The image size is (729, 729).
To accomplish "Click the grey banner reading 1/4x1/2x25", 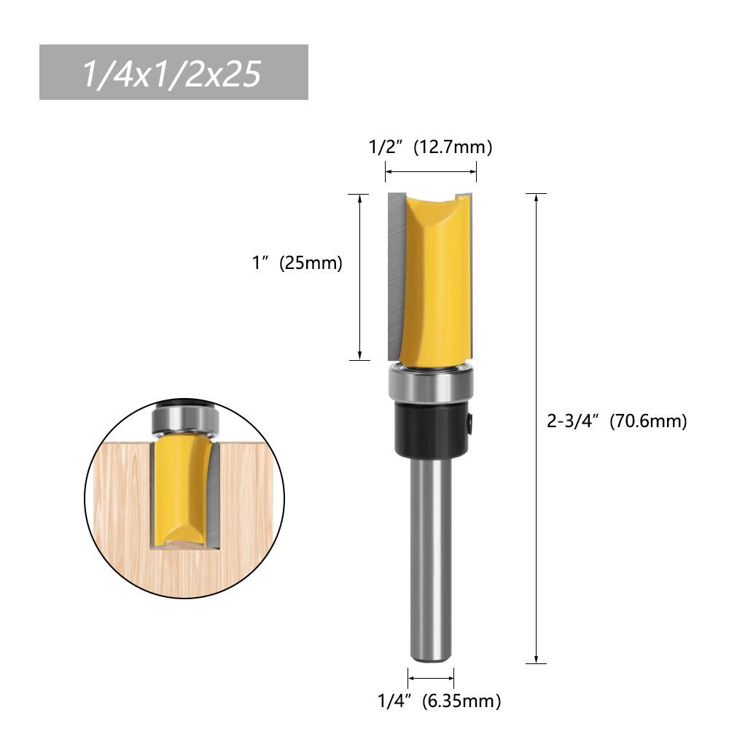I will [x=174, y=72].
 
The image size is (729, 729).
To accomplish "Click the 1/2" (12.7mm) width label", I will [x=430, y=147].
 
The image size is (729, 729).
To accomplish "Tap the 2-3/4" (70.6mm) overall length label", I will [x=617, y=421].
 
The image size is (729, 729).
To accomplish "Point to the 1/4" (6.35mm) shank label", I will [x=439, y=701].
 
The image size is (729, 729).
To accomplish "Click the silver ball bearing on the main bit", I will [x=431, y=383].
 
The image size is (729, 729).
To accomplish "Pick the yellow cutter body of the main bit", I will [x=434, y=277].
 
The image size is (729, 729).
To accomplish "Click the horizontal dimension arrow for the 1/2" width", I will [x=431, y=172].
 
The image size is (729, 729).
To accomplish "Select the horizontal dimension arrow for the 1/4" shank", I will [x=431, y=678].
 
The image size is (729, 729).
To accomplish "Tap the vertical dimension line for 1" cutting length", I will [x=359, y=277].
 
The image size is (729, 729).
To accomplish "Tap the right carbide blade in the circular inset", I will [x=212, y=496].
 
